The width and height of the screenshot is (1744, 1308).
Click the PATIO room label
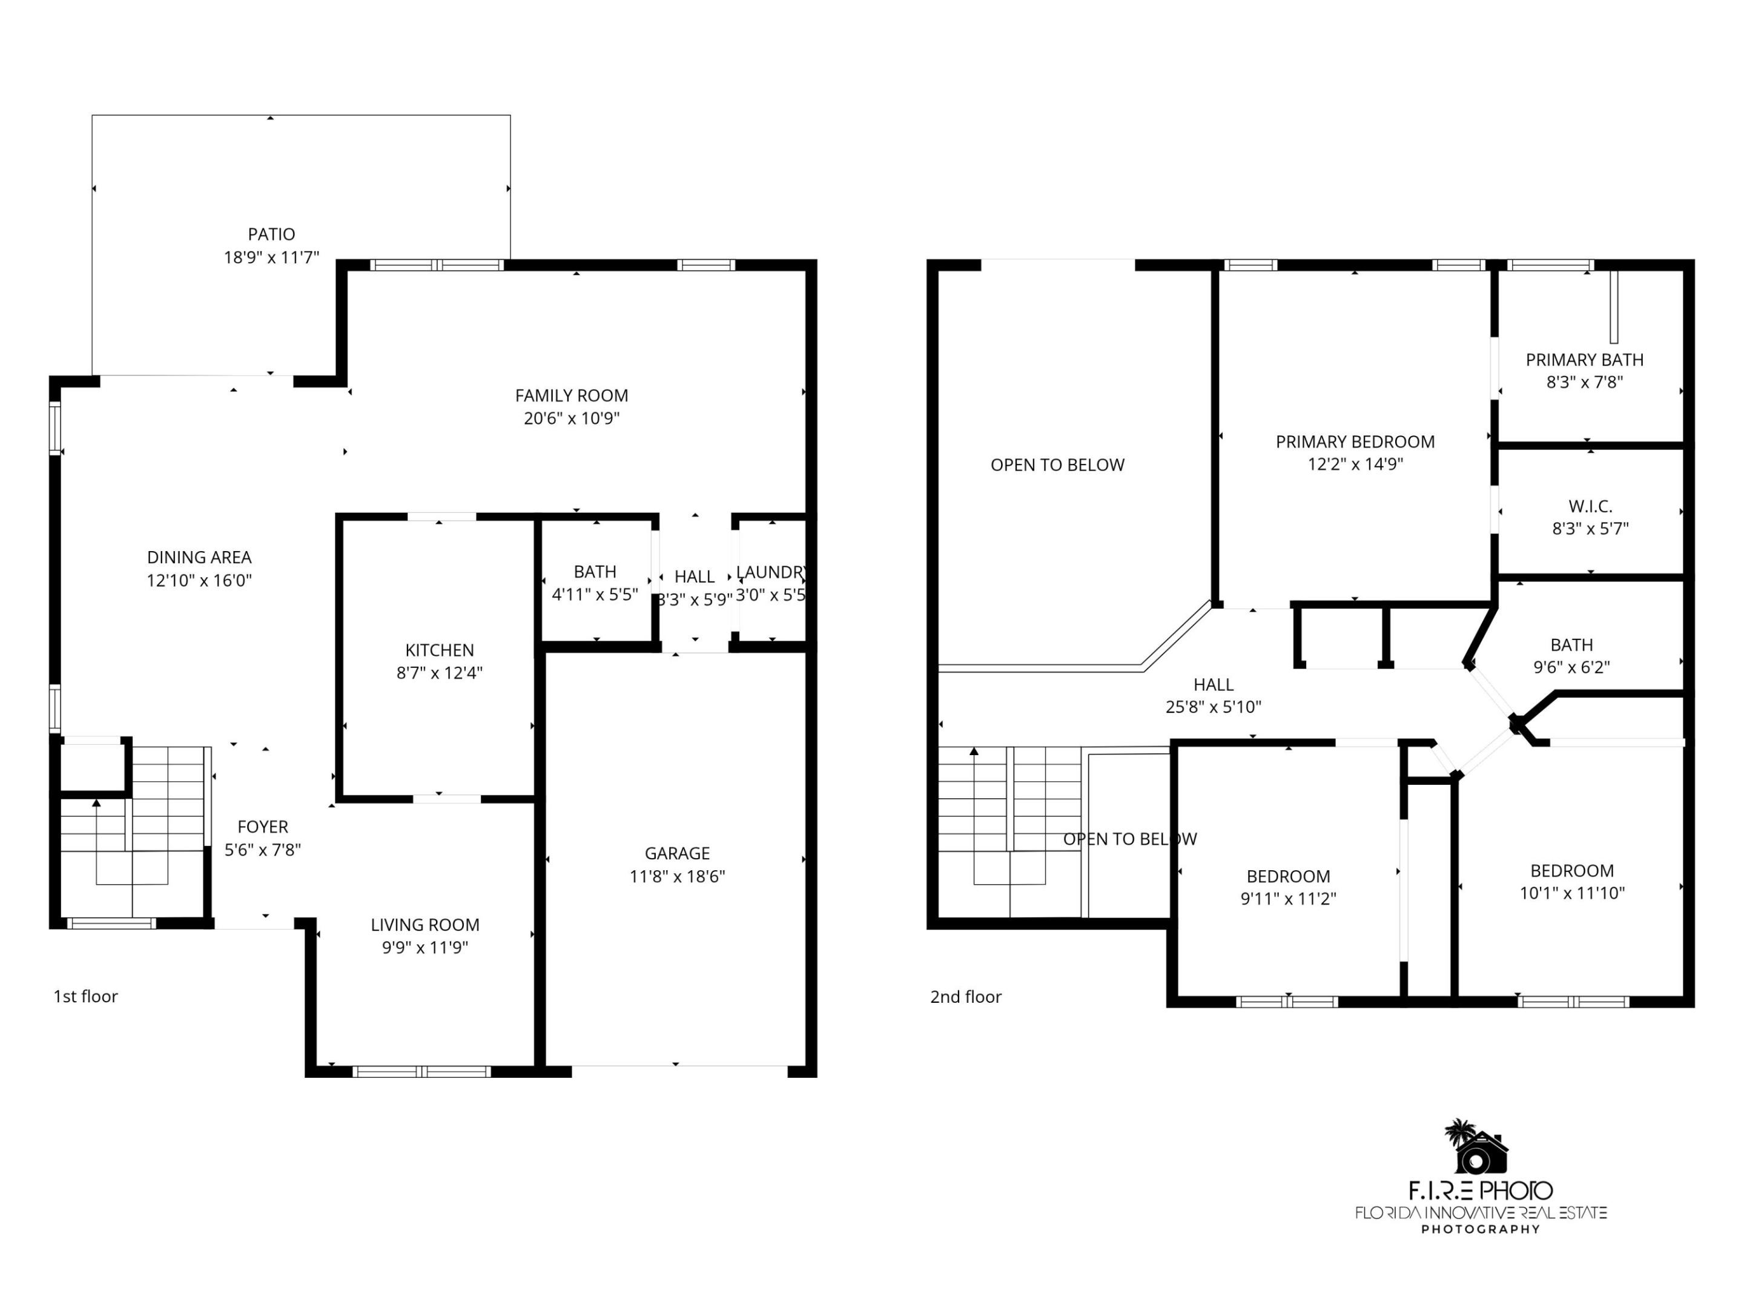271,234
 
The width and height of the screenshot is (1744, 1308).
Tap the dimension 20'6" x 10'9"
572,418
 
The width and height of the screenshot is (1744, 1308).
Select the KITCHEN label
439,650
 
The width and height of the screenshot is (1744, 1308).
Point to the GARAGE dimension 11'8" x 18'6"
676,876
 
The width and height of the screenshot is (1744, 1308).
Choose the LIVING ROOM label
425,925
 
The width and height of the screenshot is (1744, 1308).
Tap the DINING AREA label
199,558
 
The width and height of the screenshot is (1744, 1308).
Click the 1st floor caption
85,997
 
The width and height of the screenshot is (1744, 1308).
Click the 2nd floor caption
965,997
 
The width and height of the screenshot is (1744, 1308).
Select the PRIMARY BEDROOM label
1355,442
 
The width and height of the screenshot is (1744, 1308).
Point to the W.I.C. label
1590,506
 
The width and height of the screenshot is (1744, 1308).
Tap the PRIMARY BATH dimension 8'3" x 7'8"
1584,382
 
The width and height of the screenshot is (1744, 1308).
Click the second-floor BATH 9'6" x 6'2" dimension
1571,667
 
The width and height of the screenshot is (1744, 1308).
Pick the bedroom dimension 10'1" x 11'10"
1571,893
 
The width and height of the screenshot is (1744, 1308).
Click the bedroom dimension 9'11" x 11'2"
1287,899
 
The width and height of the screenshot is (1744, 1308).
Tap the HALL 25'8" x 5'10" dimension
1212,707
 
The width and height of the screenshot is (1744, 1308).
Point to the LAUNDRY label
770,572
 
